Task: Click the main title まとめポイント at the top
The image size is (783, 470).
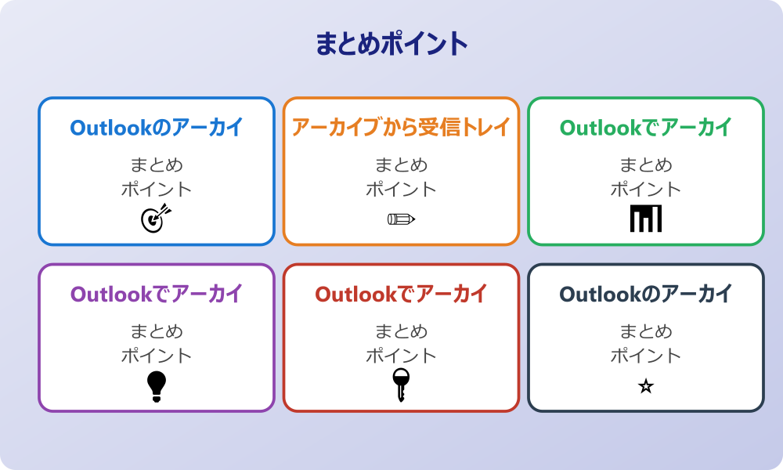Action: [391, 44]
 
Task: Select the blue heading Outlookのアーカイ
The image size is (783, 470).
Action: [157, 127]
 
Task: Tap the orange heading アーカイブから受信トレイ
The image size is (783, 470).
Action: [401, 127]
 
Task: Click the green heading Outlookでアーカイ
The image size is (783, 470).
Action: [645, 127]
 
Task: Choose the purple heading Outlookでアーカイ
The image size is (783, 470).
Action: [157, 294]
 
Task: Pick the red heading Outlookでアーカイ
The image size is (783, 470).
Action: [401, 294]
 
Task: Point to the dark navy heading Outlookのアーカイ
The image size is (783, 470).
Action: [645, 294]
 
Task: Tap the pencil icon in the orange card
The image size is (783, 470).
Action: [401, 219]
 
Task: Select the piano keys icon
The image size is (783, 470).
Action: [645, 219]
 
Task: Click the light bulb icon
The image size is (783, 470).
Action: [157, 386]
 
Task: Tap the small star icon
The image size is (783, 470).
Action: [645, 386]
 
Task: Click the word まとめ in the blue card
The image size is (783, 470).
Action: [157, 165]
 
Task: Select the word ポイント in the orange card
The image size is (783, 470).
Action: [401, 190]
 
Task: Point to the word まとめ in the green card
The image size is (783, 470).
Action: [645, 165]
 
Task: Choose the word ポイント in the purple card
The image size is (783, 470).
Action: [157, 356]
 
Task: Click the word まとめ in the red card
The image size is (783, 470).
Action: [401, 331]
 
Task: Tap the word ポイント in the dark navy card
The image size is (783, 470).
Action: [645, 356]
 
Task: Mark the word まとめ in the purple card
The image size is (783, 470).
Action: [157, 331]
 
